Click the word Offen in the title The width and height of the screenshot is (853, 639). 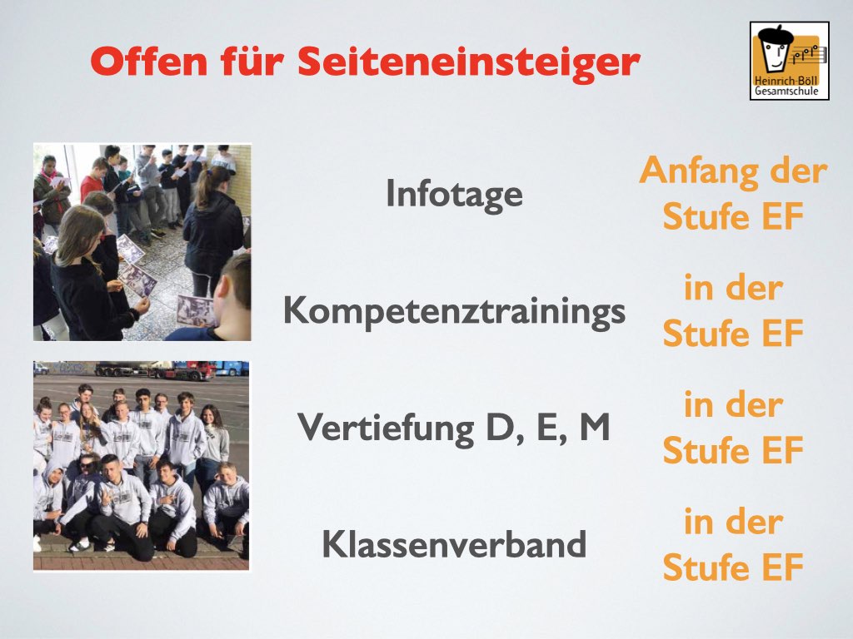149,61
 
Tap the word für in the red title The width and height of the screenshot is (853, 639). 252,61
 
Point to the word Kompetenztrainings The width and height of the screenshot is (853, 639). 454,312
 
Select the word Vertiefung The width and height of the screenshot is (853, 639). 386,428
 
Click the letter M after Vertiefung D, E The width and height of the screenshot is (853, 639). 594,427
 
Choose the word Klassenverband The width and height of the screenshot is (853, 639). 454,543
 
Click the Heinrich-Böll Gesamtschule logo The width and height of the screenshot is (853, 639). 790,61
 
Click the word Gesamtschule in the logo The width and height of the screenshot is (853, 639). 786,92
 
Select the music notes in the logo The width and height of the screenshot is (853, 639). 808,53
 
